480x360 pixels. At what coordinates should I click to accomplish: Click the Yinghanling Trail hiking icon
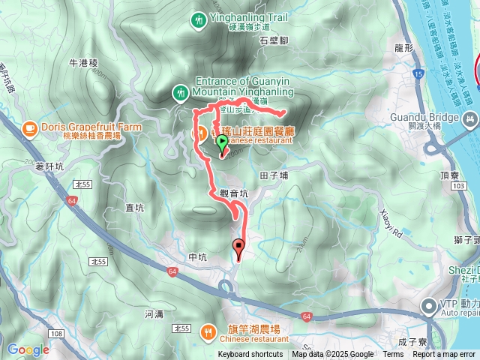point(198,19)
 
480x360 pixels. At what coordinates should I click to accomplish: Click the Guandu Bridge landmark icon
point(470,118)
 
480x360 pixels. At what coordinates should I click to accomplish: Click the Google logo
point(28,349)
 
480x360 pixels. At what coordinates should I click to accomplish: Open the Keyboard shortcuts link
point(250,355)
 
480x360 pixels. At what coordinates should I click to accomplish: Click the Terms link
point(393,355)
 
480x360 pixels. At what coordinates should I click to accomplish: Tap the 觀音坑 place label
point(234,193)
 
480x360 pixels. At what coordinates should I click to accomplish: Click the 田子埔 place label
point(274,175)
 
